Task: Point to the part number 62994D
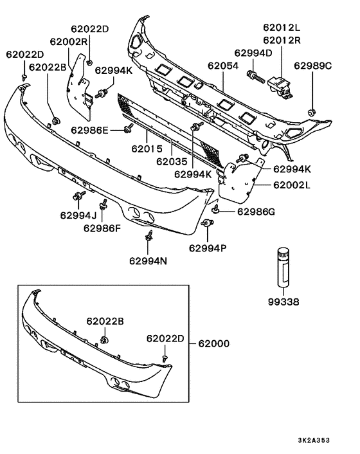coord(253,53)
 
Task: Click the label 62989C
coord(312,66)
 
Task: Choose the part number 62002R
coord(70,41)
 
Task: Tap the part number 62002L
coord(291,185)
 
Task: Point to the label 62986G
coord(256,212)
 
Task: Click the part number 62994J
coord(78,215)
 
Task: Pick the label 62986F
coord(101,228)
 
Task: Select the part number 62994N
coord(148,261)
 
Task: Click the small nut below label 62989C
coord(312,114)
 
